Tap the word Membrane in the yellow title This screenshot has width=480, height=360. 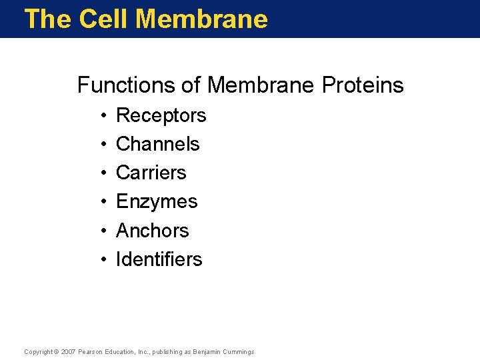coord(201,19)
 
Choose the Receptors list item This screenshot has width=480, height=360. coord(161,116)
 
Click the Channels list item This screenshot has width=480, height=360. coord(157,144)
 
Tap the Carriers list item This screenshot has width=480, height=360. coord(151,173)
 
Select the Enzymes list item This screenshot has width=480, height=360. coord(157,201)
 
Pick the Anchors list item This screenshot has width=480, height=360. coord(152,231)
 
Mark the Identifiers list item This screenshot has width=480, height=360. coord(159,259)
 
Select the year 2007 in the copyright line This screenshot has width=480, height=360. coord(68,351)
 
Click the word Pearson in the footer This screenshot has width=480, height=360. coord(90,351)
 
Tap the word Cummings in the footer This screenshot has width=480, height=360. coord(239,351)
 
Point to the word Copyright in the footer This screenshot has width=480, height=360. coord(38,351)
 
